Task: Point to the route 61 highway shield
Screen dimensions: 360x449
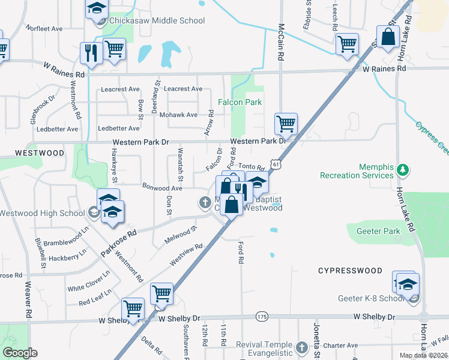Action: pos(275,163)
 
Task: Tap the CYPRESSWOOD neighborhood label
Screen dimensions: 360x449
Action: pos(350,271)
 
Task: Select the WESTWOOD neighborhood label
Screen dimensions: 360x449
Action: pos(40,153)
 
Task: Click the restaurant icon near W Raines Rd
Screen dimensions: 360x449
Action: pos(89,53)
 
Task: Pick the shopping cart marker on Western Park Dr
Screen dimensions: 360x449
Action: pos(286,124)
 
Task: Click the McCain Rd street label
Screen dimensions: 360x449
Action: pos(280,41)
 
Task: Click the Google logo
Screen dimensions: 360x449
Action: pos(20,353)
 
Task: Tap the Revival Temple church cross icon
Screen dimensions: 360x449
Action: pos(301,347)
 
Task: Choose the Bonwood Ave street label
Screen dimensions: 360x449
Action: pos(161,188)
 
